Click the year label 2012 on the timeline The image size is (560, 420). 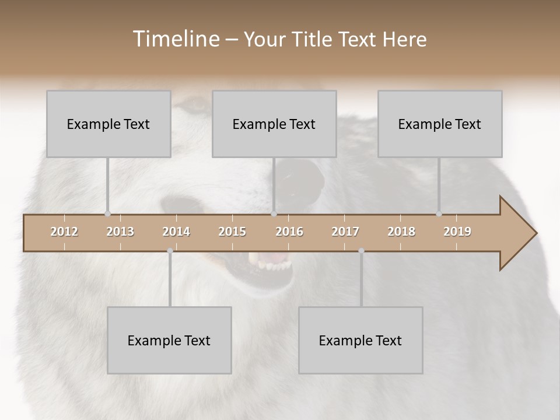64,232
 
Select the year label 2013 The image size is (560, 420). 120,232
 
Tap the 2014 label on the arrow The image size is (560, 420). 176,232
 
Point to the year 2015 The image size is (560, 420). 232,232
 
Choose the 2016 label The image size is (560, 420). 289,232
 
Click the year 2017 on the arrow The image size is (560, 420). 345,232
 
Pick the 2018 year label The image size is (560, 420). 401,232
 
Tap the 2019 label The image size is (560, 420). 457,232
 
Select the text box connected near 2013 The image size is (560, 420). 108,124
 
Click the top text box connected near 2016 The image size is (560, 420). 274,124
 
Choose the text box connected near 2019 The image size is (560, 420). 440,124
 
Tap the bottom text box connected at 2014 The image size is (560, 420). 169,340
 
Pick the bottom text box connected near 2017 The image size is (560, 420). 360,340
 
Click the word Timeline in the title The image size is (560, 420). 175,39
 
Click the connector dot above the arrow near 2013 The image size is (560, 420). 107,214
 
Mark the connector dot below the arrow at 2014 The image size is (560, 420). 170,251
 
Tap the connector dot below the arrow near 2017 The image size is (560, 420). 361,251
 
